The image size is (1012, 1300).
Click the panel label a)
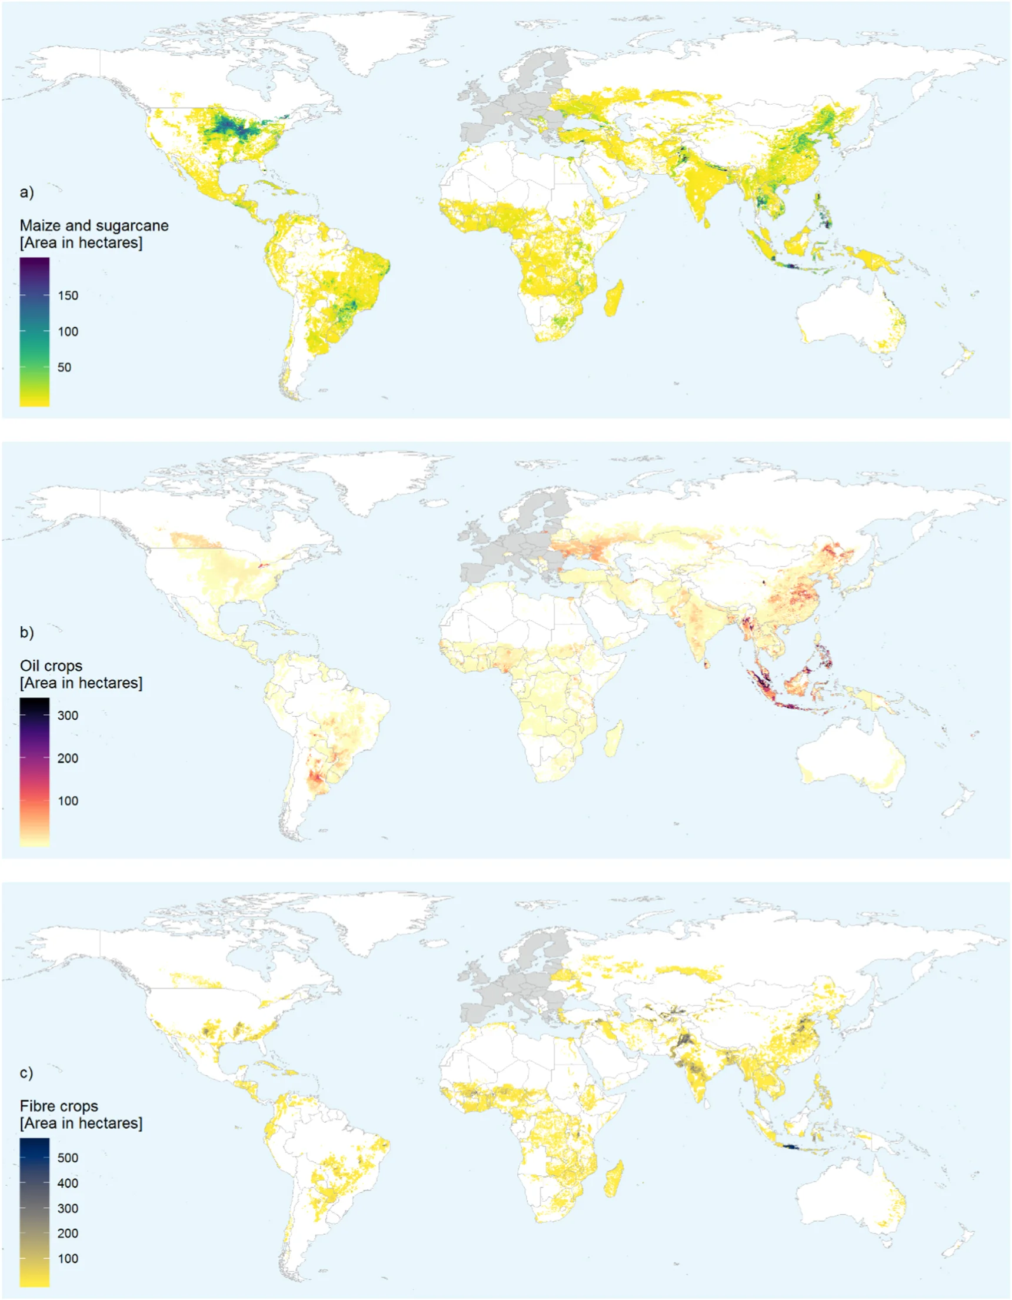click(27, 192)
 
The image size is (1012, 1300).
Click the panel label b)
click(27, 632)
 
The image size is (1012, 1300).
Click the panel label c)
click(27, 1073)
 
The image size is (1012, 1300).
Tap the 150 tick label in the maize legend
click(68, 296)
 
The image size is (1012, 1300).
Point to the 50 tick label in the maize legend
click(64, 367)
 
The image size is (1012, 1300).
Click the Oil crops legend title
click(51, 666)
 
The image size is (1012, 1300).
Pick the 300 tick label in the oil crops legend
click(68, 716)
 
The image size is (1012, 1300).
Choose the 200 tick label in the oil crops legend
click(68, 759)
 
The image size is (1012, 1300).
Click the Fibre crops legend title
click(59, 1106)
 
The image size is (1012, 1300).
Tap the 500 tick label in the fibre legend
click(68, 1158)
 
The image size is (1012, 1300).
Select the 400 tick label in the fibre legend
click(68, 1183)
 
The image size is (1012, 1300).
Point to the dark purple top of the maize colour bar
click(35, 263)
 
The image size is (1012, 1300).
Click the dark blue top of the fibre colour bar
click(35, 1143)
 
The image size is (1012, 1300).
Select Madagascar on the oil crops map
click(614, 738)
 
